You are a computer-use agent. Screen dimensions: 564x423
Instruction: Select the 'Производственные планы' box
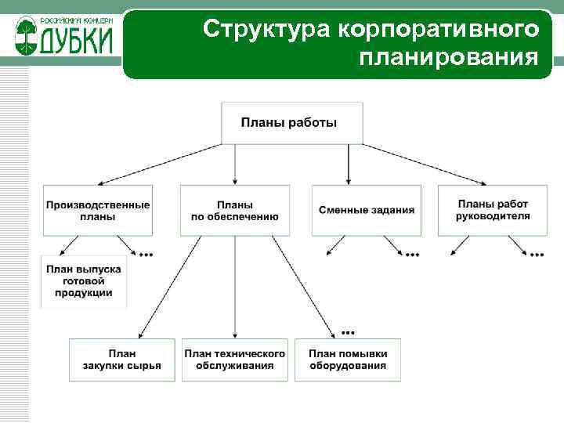(97, 210)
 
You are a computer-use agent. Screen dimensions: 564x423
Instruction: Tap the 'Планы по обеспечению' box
(235, 210)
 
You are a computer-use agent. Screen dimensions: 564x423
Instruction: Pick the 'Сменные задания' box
(367, 210)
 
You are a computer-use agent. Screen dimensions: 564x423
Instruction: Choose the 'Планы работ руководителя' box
(493, 210)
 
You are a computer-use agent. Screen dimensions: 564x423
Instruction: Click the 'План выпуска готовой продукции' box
(84, 281)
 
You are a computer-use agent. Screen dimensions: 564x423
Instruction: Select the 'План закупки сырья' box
(121, 360)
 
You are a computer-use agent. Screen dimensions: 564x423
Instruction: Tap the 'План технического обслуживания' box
(235, 360)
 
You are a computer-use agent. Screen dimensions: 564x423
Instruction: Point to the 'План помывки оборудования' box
(348, 360)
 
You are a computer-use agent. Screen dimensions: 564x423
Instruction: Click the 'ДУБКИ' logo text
(75, 38)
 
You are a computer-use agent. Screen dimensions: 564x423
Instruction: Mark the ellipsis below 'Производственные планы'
(146, 255)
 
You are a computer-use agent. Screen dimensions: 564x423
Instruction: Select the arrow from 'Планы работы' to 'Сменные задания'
(348, 164)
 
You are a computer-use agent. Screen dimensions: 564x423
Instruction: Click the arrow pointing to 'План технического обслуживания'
(235, 290)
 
